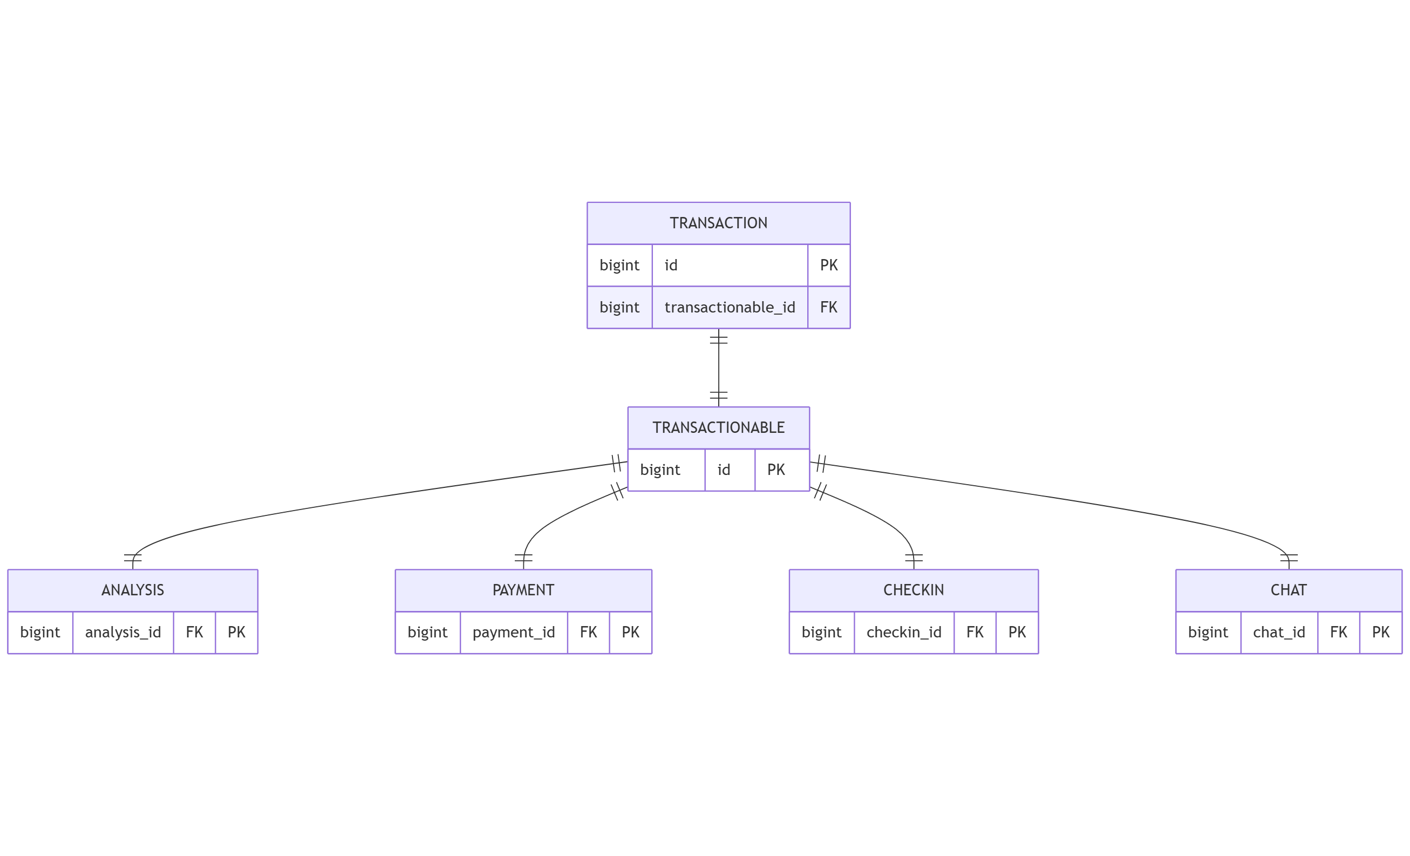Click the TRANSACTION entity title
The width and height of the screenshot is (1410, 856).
718,222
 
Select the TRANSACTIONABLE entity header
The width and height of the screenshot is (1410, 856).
718,427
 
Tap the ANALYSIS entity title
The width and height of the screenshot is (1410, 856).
133,590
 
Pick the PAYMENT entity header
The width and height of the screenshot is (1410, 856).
523,590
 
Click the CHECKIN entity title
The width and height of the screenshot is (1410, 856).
914,590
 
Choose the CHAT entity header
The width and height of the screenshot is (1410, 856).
1288,590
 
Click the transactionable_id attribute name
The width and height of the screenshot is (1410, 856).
730,307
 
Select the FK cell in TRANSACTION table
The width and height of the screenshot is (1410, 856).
828,307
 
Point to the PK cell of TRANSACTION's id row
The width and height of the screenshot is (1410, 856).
828,265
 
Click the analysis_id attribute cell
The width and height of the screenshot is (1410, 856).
123,632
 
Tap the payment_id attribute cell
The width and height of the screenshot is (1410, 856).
513,632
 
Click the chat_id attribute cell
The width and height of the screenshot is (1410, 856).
1278,632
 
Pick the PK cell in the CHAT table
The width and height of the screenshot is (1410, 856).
1380,632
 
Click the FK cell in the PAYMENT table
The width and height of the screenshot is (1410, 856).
588,632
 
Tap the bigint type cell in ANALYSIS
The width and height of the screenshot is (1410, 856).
40,632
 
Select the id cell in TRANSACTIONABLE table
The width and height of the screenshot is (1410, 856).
724,470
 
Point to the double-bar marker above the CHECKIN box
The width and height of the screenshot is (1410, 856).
914,558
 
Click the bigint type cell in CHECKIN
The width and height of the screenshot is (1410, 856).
821,632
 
